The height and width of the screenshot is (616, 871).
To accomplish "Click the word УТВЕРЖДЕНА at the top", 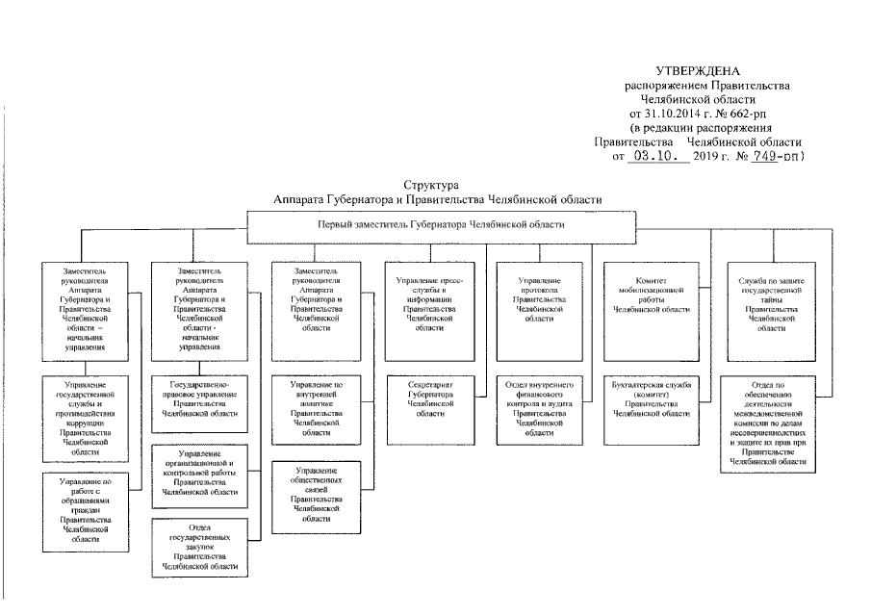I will click(698, 71).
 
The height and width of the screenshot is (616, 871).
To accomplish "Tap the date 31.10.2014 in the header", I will click(673, 114).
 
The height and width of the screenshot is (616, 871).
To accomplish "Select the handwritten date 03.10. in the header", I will click(657, 156).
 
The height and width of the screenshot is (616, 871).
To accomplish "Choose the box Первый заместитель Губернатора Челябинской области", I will click(441, 224).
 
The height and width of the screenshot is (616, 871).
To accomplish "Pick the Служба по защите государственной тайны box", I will click(765, 303).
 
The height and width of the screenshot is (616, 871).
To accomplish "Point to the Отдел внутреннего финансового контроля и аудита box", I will click(539, 409).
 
